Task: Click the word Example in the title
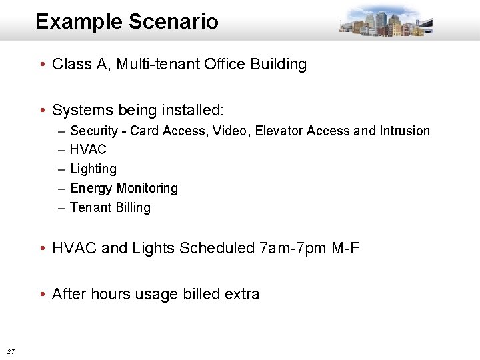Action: click(x=79, y=21)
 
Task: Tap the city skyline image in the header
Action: click(x=385, y=20)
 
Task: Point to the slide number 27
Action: click(x=11, y=351)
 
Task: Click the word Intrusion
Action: click(x=405, y=131)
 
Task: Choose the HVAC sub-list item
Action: click(x=88, y=149)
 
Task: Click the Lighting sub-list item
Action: click(x=93, y=169)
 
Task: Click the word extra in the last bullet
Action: click(x=241, y=294)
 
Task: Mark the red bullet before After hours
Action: click(x=42, y=294)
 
